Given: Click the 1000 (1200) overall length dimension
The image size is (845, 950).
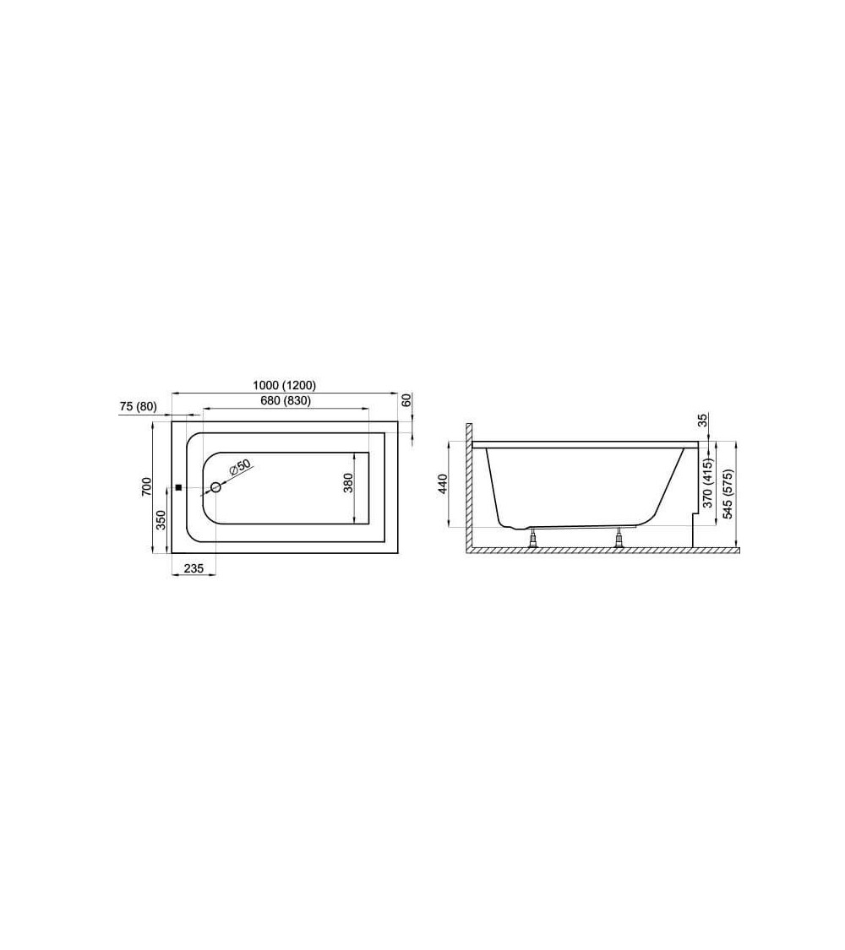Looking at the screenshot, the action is click(285, 385).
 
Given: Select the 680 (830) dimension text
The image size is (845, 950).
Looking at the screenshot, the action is click(286, 400).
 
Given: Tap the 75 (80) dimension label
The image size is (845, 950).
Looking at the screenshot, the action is click(139, 407).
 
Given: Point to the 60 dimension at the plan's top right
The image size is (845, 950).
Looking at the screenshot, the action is click(406, 400).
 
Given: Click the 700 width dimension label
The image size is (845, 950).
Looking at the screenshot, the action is click(146, 487).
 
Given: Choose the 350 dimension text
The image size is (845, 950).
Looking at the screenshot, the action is click(161, 520).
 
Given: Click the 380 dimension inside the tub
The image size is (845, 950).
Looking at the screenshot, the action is click(348, 482).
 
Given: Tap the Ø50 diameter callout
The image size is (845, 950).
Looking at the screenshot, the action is click(239, 468).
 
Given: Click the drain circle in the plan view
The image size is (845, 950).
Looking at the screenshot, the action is click(215, 488).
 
